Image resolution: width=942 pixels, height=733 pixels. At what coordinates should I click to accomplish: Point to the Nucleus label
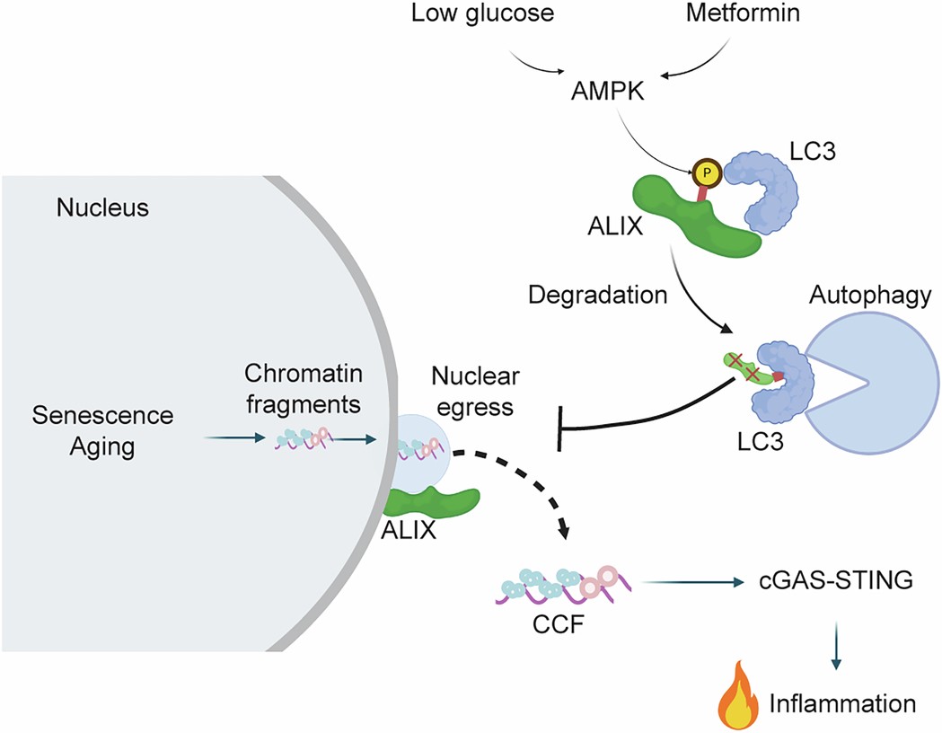102,208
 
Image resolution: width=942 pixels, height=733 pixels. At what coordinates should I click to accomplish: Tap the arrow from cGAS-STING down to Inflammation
836,643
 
